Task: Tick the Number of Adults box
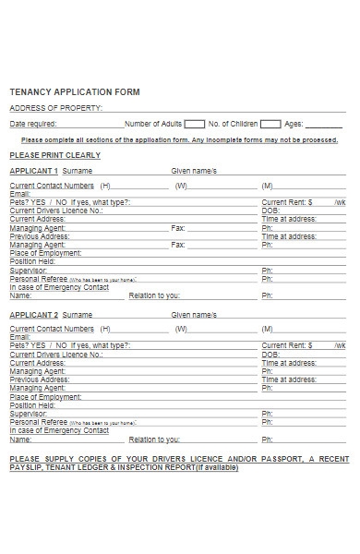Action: [x=195, y=123]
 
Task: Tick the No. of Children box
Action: [x=270, y=123]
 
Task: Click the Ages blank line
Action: [x=324, y=125]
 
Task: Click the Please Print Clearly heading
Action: [x=54, y=155]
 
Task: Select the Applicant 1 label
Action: [x=33, y=171]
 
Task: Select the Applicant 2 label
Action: [x=33, y=315]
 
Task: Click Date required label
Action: [x=33, y=123]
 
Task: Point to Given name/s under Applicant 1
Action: [x=193, y=171]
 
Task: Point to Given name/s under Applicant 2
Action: [x=193, y=315]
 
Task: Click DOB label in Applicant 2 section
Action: [x=270, y=355]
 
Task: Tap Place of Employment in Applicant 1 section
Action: [x=45, y=252]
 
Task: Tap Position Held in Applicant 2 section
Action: [x=32, y=405]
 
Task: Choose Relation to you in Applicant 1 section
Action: [x=154, y=295]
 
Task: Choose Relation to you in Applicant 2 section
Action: [x=154, y=440]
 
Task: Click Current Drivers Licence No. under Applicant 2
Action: [x=56, y=355]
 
